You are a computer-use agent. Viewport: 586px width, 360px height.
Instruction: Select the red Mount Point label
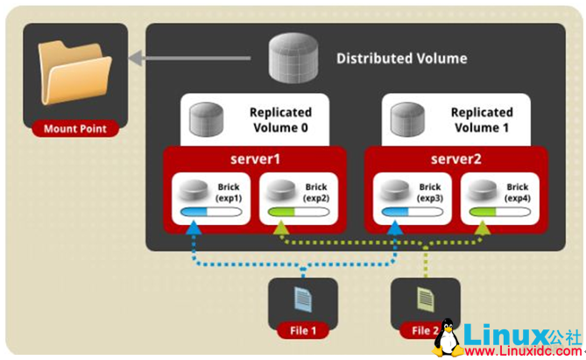[x=74, y=129]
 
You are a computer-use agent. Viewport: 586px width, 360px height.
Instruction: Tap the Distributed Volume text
[x=401, y=59]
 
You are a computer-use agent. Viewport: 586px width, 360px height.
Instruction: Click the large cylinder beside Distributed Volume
[x=293, y=58]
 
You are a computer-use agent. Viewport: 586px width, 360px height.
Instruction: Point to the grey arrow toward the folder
[x=193, y=59]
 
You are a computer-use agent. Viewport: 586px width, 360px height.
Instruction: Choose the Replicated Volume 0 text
[x=280, y=119]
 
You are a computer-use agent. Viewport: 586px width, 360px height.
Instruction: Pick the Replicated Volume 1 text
[x=481, y=119]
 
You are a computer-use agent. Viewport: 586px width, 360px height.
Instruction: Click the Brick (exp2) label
[x=315, y=193]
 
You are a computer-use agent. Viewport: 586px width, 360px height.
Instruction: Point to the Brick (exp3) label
[x=429, y=193]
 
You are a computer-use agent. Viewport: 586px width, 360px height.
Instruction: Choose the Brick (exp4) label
[x=517, y=193]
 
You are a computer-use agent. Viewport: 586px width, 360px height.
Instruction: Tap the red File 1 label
[x=302, y=330]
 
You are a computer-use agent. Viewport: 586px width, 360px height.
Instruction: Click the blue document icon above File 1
[x=302, y=300]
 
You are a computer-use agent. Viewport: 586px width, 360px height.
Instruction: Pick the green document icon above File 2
[x=424, y=300]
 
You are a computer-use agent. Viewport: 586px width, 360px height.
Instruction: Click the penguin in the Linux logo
[x=446, y=338]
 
